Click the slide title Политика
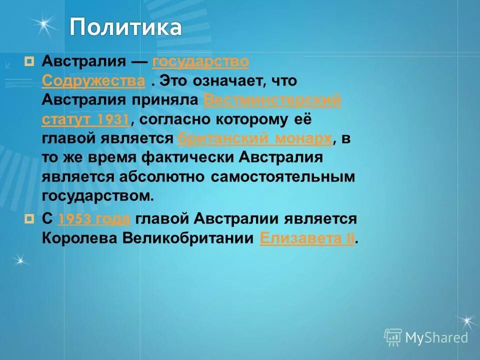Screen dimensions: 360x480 [125, 27]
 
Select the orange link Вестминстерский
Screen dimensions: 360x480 [272, 100]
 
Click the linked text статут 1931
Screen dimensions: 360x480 [86, 119]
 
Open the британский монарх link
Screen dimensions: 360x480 [255, 138]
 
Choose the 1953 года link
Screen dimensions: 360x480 [94, 219]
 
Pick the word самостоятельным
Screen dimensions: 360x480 [282, 177]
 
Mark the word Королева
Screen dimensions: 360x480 [79, 238]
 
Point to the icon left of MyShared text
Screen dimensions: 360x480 [393, 337]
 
